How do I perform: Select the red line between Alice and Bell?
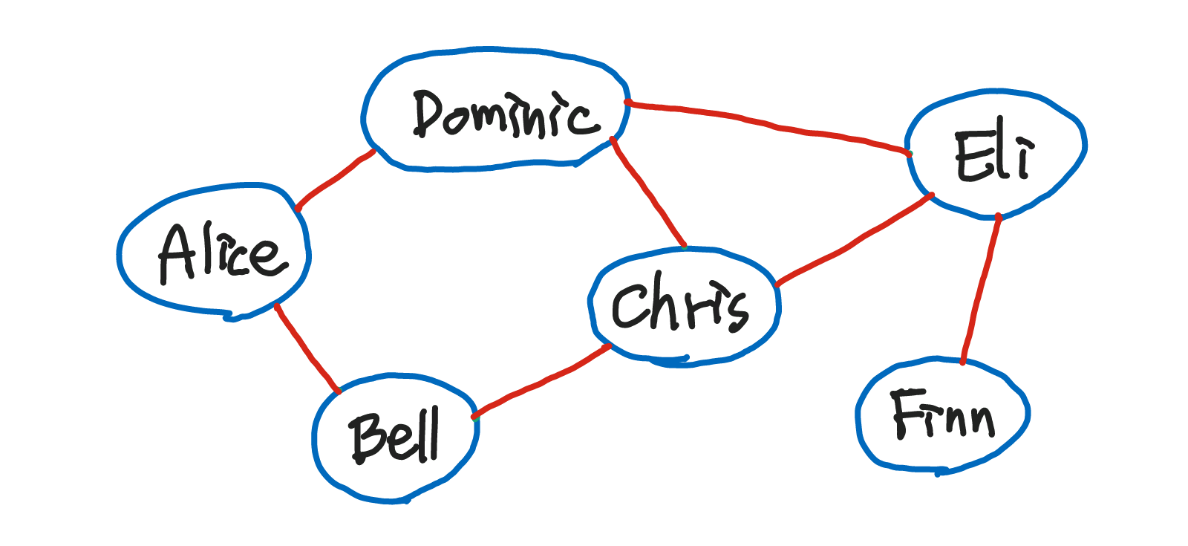307,347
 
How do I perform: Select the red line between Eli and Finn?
981,290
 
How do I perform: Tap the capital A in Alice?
175,253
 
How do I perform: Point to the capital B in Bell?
368,438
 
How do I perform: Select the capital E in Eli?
970,157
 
